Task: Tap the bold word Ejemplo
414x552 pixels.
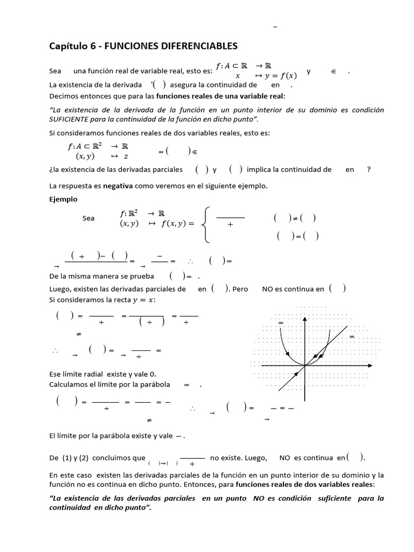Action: [x=63, y=199]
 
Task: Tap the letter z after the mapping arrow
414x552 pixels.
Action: [x=126, y=156]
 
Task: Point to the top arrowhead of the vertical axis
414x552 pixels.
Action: [x=306, y=319]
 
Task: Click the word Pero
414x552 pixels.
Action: [x=240, y=289]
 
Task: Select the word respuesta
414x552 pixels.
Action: [x=78, y=185]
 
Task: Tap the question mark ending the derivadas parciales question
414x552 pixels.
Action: [x=369, y=169]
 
